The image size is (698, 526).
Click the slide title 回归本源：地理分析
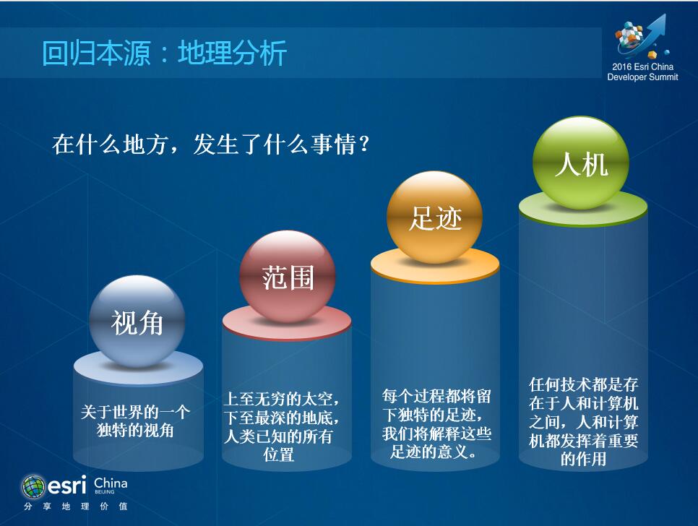click(x=164, y=53)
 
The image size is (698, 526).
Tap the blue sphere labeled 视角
click(x=137, y=322)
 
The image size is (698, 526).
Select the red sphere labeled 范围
click(x=287, y=276)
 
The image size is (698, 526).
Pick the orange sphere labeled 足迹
click(x=434, y=217)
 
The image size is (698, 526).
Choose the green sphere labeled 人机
click(x=581, y=163)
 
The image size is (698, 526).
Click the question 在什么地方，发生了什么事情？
click(x=211, y=145)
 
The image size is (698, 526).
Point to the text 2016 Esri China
click(x=642, y=66)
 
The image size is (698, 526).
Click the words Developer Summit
click(x=642, y=77)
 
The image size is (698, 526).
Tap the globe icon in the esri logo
click(x=33, y=486)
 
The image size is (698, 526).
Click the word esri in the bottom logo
click(x=66, y=486)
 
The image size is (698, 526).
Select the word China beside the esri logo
click(x=111, y=483)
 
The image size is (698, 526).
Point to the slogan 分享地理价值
click(x=76, y=506)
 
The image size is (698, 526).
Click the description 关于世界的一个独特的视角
click(x=135, y=421)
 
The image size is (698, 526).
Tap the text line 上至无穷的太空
click(x=281, y=398)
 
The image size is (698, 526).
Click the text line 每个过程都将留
click(x=436, y=396)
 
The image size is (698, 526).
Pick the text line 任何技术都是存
click(x=584, y=384)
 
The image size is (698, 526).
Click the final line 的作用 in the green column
click(x=583, y=458)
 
